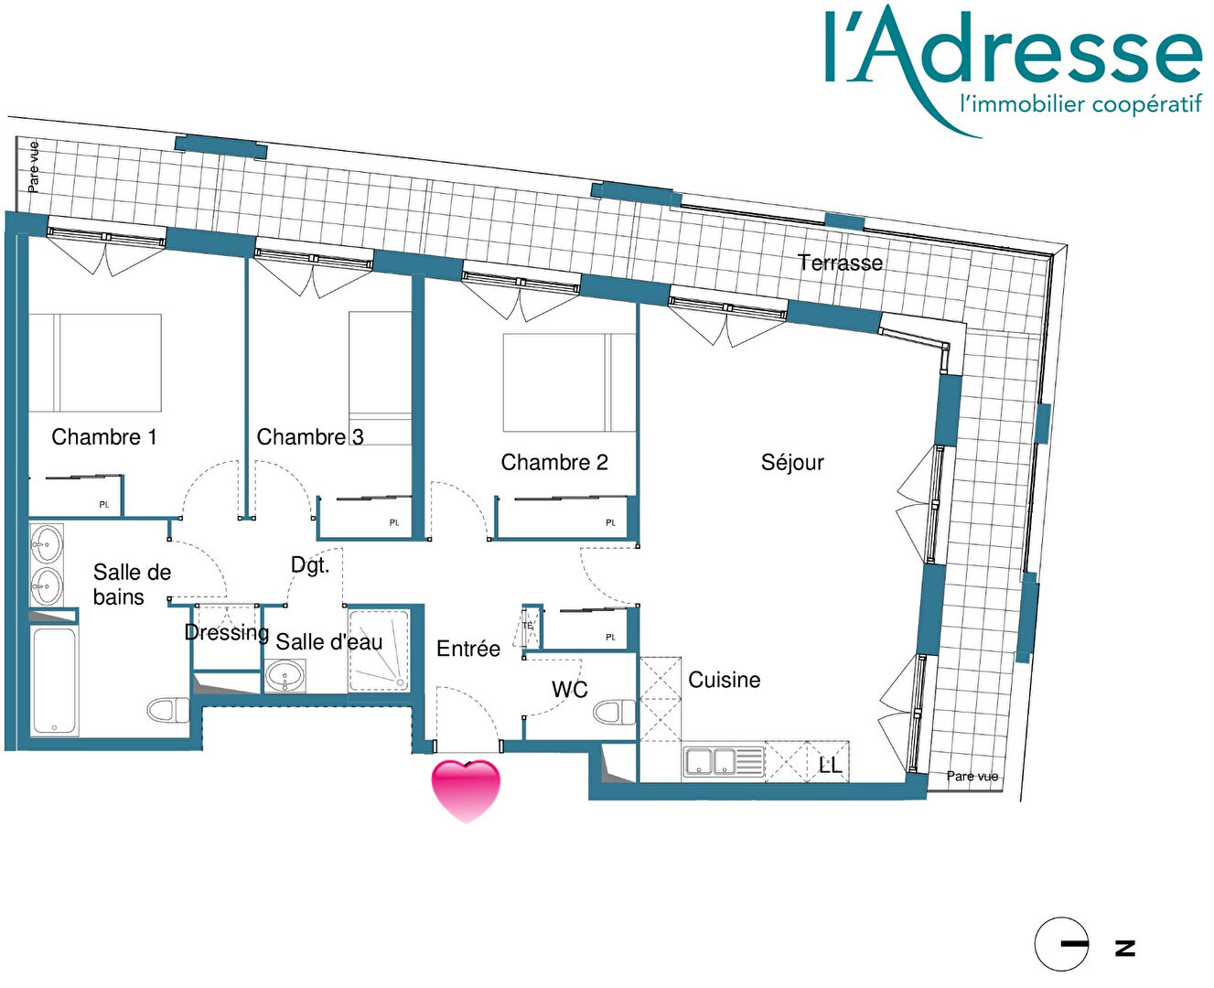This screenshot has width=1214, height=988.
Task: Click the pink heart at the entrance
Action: click(x=466, y=790)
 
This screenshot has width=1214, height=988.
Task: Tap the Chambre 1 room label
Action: click(x=103, y=437)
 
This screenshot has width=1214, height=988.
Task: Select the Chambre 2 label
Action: click(x=554, y=462)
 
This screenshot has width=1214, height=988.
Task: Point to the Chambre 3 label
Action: click(x=310, y=437)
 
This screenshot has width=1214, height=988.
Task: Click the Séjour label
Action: click(x=792, y=462)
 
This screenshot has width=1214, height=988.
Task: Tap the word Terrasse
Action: click(x=840, y=263)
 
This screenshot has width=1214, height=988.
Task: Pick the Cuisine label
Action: click(x=725, y=680)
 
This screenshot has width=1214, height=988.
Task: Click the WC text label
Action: click(x=569, y=690)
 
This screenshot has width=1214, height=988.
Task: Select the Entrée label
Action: click(x=468, y=649)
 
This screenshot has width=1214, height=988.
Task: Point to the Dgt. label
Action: click(x=310, y=565)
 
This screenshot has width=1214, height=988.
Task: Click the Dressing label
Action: click(x=227, y=632)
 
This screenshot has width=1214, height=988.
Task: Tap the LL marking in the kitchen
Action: click(x=830, y=766)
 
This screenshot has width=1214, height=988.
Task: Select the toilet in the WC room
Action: click(x=615, y=713)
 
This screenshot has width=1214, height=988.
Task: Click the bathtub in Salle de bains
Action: click(x=54, y=681)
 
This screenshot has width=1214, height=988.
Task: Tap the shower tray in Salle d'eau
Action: click(x=379, y=650)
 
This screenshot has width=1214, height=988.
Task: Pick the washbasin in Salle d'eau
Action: click(x=285, y=676)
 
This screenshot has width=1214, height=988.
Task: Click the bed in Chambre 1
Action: click(x=95, y=362)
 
